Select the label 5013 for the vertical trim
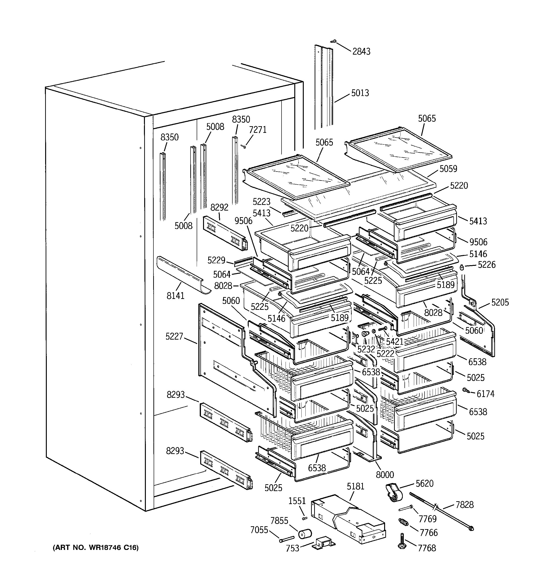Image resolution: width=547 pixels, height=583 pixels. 360,93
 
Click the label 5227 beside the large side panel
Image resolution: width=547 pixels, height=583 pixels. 174,336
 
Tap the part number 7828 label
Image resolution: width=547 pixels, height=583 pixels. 464,505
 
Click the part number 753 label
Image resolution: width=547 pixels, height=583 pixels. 292,548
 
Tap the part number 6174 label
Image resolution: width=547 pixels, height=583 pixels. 485,394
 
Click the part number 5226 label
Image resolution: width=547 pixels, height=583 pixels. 486,265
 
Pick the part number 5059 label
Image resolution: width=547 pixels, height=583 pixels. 448,169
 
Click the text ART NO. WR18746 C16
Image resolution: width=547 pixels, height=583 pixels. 95,548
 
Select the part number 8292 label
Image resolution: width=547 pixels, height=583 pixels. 219,208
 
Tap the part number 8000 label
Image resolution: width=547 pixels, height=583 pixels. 385,475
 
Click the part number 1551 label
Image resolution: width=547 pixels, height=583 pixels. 297,501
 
